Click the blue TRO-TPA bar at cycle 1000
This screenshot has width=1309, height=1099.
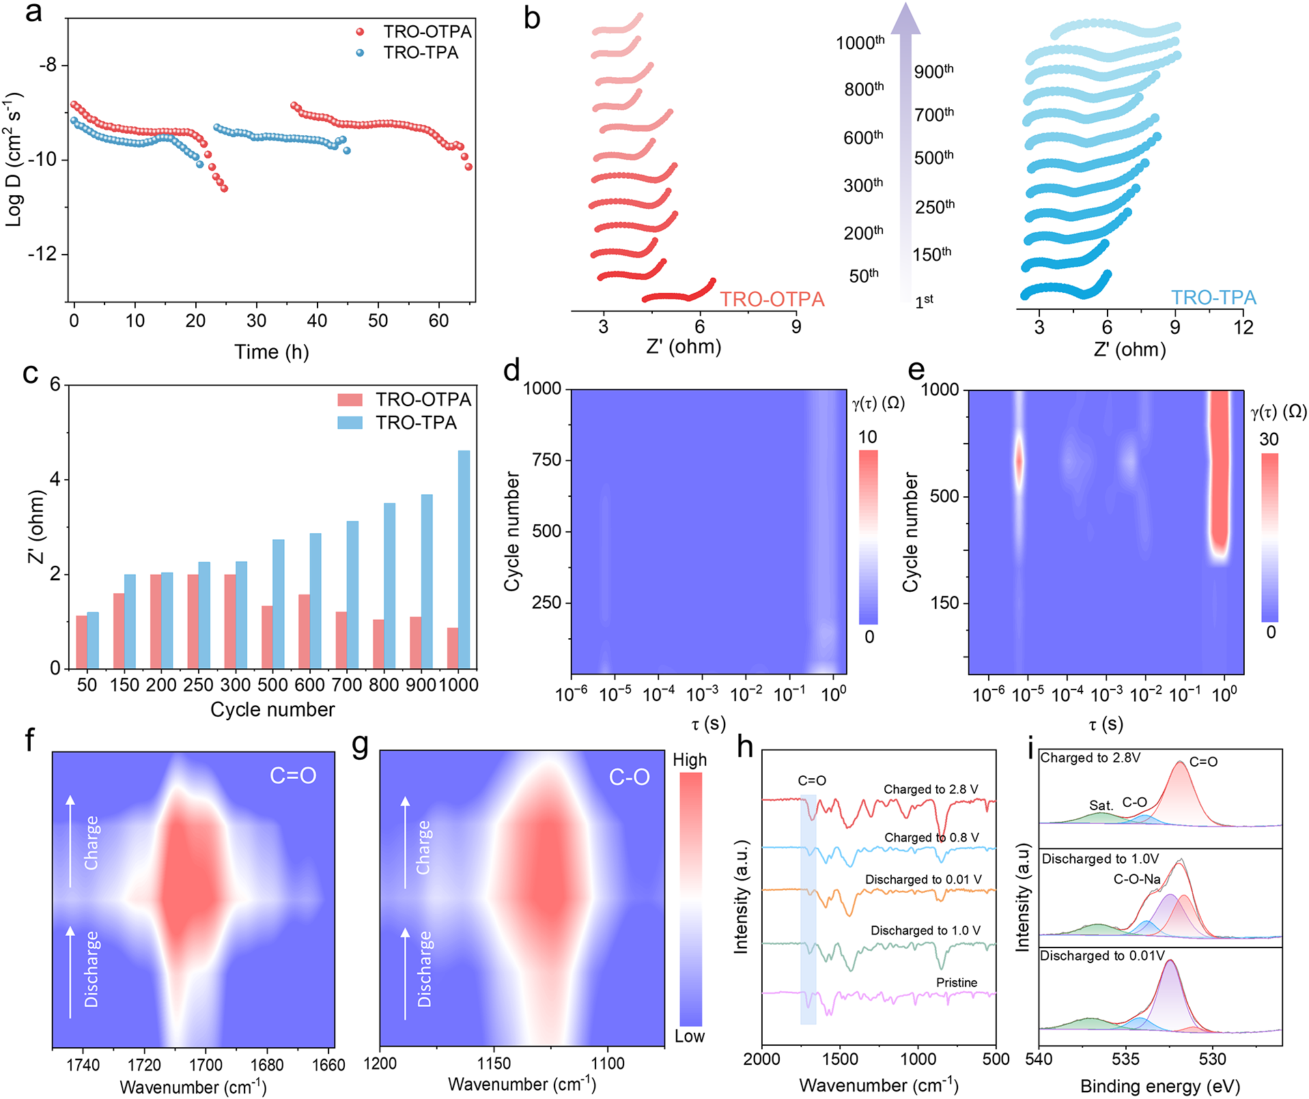click(464, 559)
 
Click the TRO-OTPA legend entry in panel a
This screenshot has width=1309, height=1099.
click(414, 31)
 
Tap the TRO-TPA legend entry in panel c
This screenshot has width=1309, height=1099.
click(397, 423)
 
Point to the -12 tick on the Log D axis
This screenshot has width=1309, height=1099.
click(42, 254)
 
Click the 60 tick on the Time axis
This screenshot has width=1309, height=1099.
click(438, 321)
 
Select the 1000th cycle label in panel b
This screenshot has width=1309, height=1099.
click(860, 42)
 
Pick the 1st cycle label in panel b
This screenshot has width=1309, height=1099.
click(924, 301)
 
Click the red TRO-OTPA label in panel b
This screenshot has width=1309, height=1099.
click(772, 299)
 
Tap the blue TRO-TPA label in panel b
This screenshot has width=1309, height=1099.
click(1213, 298)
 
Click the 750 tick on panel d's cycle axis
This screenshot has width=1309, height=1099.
click(546, 459)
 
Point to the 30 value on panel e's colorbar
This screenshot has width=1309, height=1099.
click(1269, 439)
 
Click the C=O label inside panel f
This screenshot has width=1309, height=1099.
click(293, 775)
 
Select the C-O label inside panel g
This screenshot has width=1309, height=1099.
click(629, 777)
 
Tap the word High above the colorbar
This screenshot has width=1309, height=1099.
click(690, 760)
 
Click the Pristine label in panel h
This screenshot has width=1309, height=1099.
click(957, 982)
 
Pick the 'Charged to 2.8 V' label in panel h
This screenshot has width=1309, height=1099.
click(931, 789)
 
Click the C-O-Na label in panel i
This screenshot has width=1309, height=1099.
click(1137, 879)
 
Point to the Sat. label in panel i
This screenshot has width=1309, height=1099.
click(1101, 805)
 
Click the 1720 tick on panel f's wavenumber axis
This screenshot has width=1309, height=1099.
click(144, 1065)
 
